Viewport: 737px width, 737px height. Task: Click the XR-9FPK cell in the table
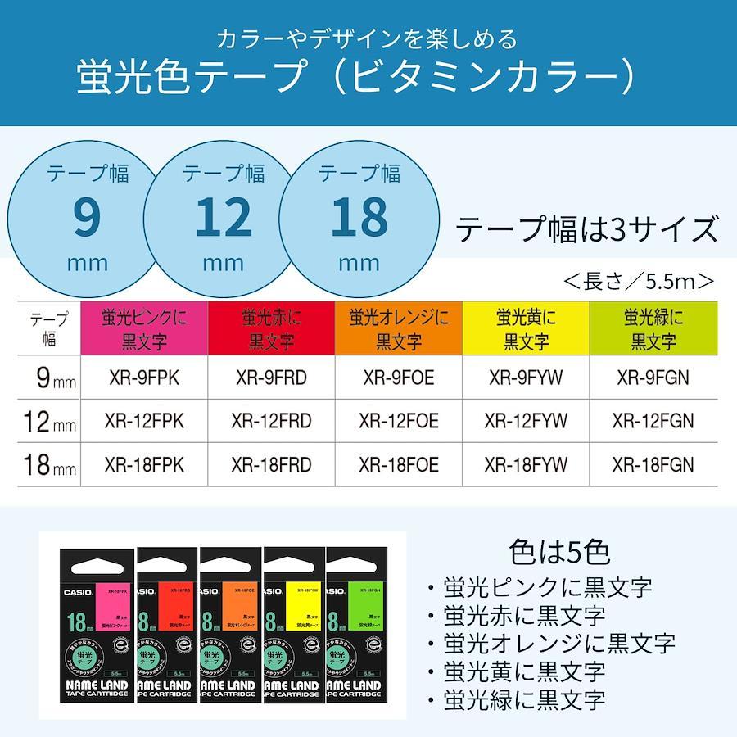point(145,378)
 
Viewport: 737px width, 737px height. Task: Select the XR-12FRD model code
point(271,422)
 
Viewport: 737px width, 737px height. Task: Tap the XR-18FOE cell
point(399,465)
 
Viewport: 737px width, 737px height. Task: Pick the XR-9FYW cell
point(527,378)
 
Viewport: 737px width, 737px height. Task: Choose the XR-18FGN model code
point(653,465)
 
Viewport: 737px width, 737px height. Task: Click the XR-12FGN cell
point(653,422)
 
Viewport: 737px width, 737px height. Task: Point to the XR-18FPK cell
point(145,465)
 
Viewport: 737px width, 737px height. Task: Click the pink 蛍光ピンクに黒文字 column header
point(145,328)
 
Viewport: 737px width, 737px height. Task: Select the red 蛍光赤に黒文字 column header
point(271,328)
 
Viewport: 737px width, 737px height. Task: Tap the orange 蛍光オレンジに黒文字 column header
point(399,328)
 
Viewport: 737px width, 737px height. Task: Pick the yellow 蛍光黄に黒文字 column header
point(527,328)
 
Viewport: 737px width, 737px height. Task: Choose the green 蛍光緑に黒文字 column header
point(653,328)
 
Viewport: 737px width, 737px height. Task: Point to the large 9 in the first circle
point(86,218)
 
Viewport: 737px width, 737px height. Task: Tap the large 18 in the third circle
point(359,218)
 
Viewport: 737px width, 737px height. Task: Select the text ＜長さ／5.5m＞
point(639,282)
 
